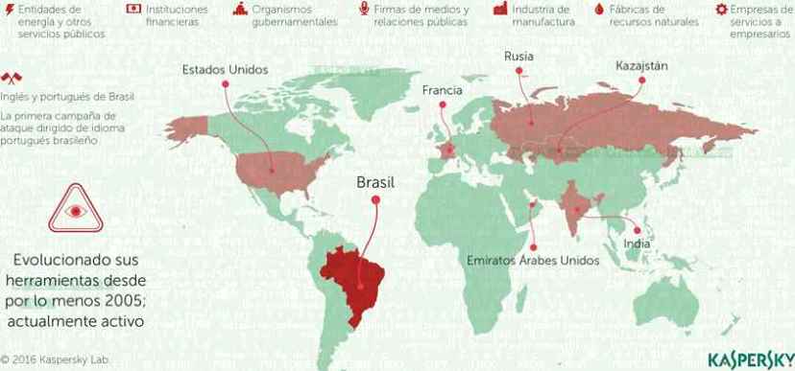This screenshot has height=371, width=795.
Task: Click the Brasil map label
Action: [375, 181]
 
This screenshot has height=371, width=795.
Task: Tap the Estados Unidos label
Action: [224, 69]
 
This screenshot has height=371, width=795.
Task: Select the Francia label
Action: [443, 90]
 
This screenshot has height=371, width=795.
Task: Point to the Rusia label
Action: [519, 57]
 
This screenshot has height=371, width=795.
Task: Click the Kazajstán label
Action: [641, 66]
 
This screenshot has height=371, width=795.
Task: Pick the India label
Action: [637, 243]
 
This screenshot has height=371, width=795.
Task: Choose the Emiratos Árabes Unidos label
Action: [533, 260]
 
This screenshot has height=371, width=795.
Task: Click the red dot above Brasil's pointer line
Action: [375, 199]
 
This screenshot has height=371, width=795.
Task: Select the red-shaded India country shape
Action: [575, 206]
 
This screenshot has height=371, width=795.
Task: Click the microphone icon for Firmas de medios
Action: [364, 9]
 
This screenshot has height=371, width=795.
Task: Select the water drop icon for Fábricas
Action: [600, 9]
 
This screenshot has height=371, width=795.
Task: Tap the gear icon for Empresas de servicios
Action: [721, 9]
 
